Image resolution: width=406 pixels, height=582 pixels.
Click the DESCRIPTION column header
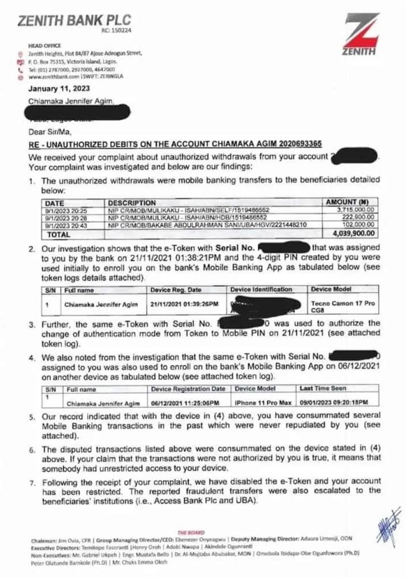132,202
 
